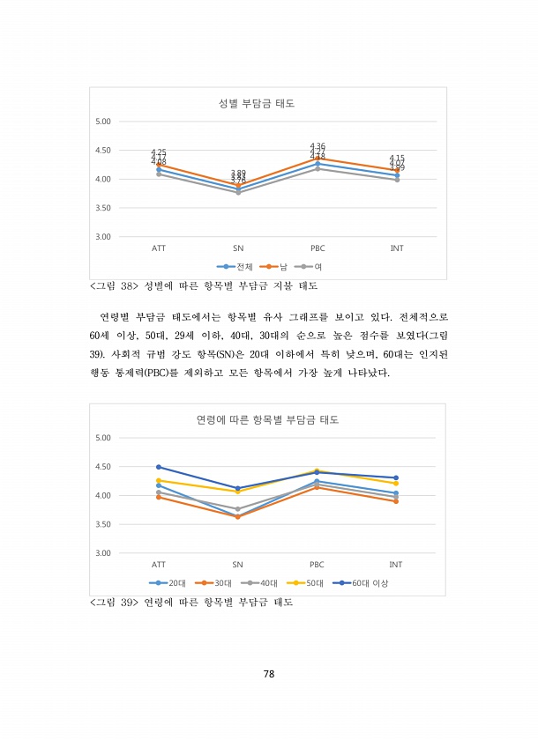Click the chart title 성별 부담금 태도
pos(261,103)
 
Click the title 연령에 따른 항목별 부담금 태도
pos(267,419)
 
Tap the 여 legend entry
pos(310,265)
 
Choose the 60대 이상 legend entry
pos(365,582)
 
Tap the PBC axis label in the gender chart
pos(318,249)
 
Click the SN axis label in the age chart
pos(238,564)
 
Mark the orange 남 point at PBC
pos(318,158)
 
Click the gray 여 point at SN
pos(238,192)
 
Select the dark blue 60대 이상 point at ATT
pos(159,467)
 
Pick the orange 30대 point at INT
pos(396,501)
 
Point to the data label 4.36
pos(318,146)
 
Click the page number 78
pos(269,674)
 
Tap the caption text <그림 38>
pos(113,285)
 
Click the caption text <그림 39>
pos(113,603)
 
